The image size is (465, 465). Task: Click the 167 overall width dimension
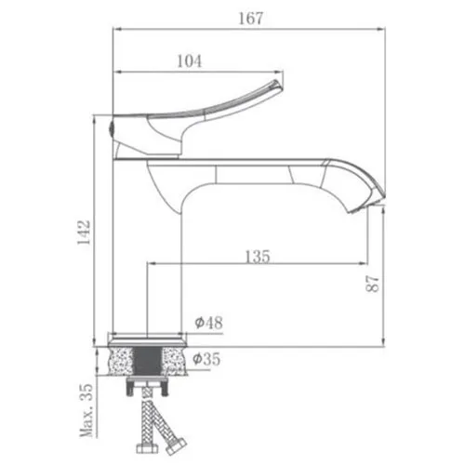[x=250, y=18]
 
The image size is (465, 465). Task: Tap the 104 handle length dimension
[x=189, y=61]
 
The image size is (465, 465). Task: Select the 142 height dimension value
[x=84, y=232]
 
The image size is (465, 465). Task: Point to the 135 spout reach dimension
[x=258, y=257]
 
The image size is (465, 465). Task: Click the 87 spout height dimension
[x=372, y=284]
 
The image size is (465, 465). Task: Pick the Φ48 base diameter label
[x=208, y=323]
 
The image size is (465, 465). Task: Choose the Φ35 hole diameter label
[x=206, y=359]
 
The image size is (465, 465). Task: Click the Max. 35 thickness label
[x=86, y=410]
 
